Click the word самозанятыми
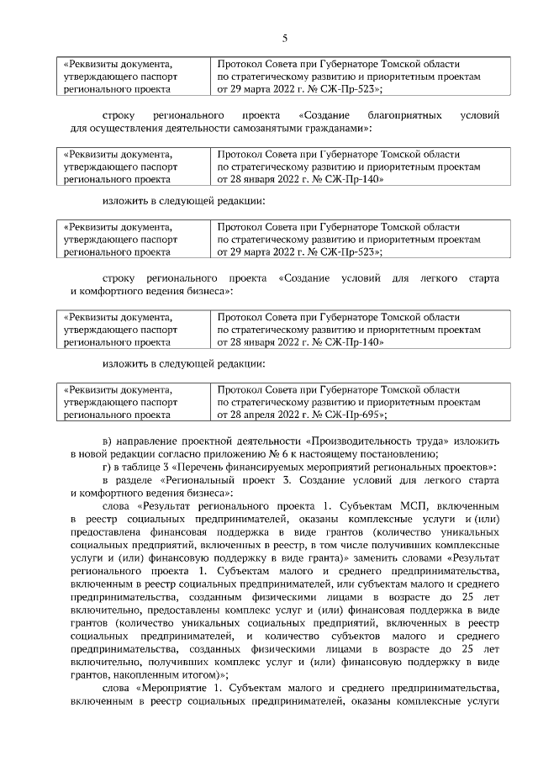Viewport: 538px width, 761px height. point(256,128)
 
